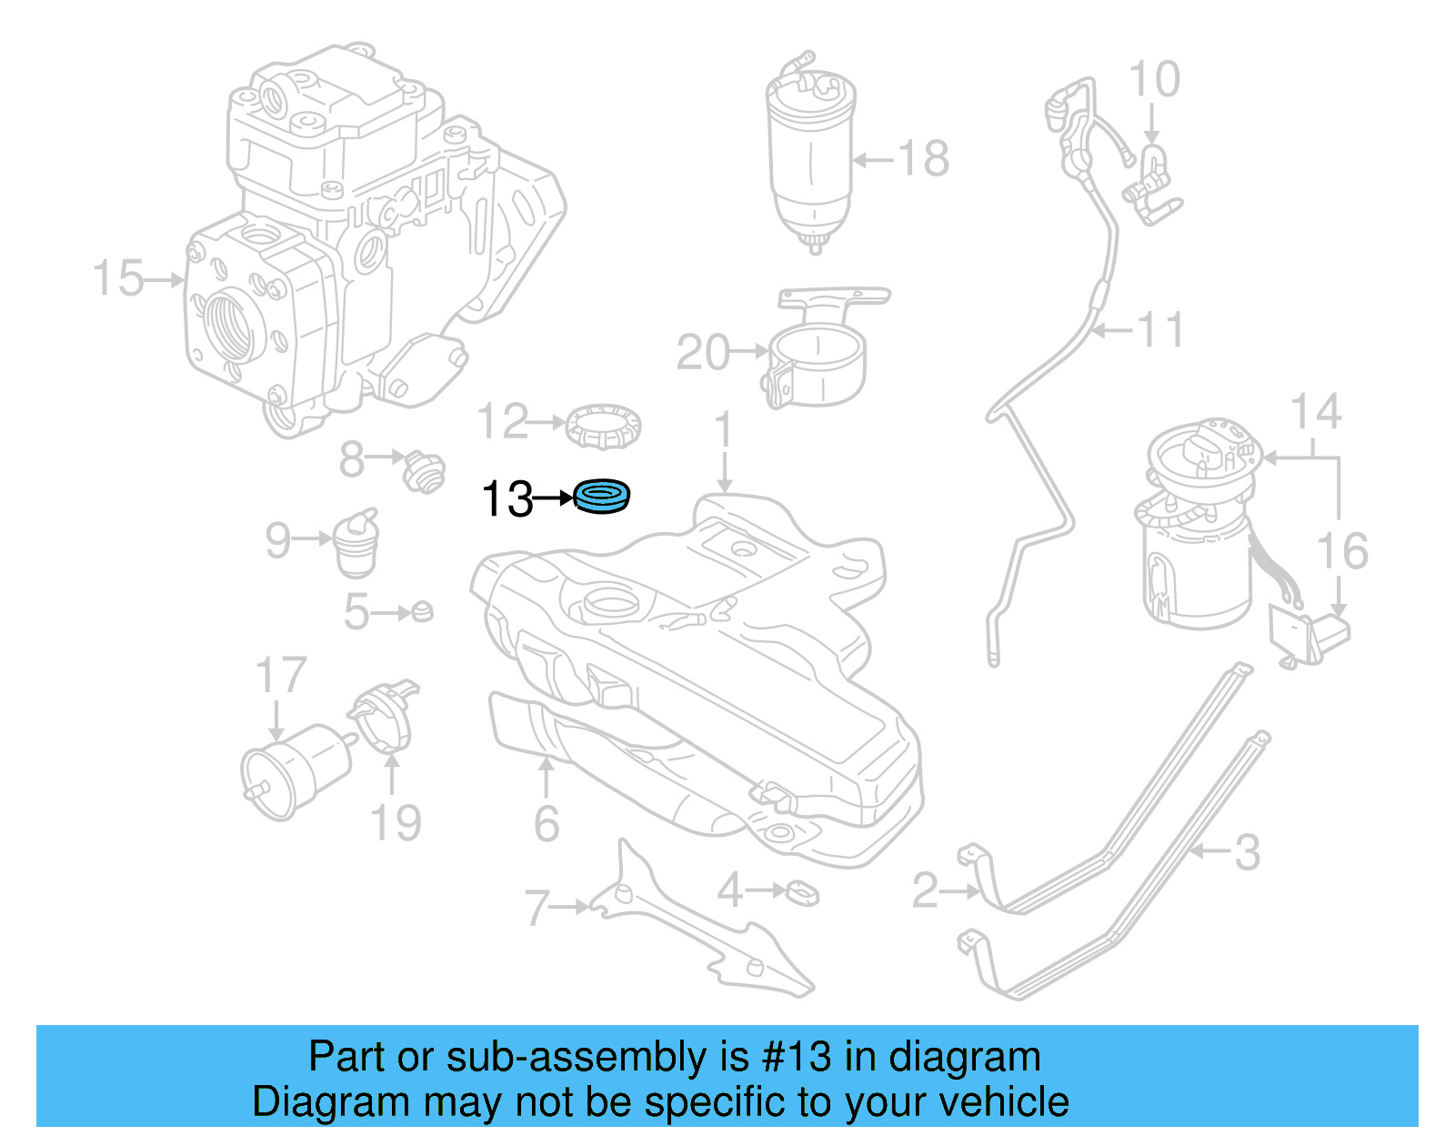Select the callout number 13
[x=507, y=499]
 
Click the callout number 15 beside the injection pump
[x=118, y=278]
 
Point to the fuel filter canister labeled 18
[x=811, y=155]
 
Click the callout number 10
[x=1154, y=80]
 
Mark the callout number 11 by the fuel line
[x=1160, y=329]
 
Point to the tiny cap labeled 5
[x=421, y=611]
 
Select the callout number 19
[x=396, y=822]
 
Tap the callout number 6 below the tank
[x=546, y=823]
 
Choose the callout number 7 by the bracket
[x=537, y=907]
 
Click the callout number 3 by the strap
[x=1247, y=852]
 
